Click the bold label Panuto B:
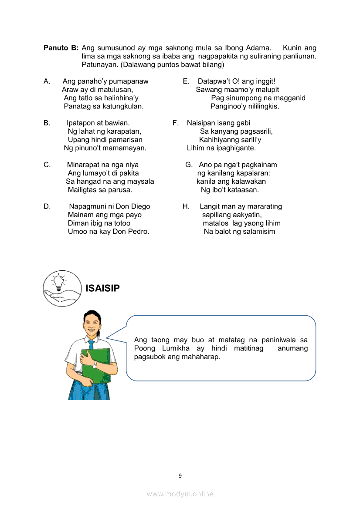[x=61, y=48]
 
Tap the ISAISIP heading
[x=103, y=288]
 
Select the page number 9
[x=180, y=475]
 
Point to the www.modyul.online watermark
[x=180, y=494]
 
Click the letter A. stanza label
[x=47, y=81]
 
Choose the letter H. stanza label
[x=186, y=206]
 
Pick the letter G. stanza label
[x=189, y=165]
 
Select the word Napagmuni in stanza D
[x=88, y=206]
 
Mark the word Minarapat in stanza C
[x=86, y=165]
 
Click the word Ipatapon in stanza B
[x=81, y=123]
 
